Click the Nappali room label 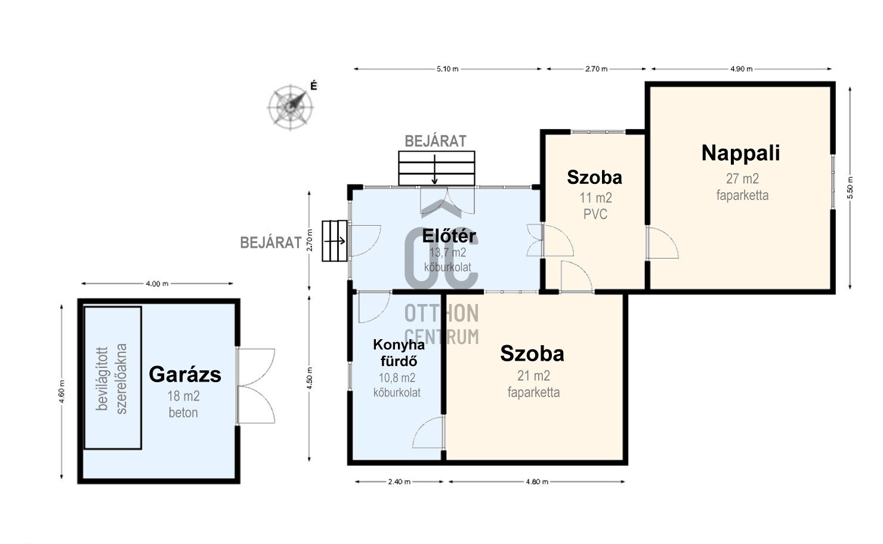coord(740,153)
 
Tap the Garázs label coord(185,374)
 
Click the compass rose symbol coord(291,107)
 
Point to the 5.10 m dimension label coord(447,69)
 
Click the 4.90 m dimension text coord(742,69)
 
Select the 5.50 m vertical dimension coord(850,187)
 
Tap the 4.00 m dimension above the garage coord(157,284)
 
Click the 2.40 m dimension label coord(399,482)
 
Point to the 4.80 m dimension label coord(537,482)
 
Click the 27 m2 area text coord(742,179)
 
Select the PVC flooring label coord(595,214)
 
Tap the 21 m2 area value coord(533,376)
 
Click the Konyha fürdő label coord(399,353)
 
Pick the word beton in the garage coord(183,413)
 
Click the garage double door coord(255,386)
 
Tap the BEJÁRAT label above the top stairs coord(436,142)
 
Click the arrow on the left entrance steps coord(335,241)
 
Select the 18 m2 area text coord(184,396)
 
